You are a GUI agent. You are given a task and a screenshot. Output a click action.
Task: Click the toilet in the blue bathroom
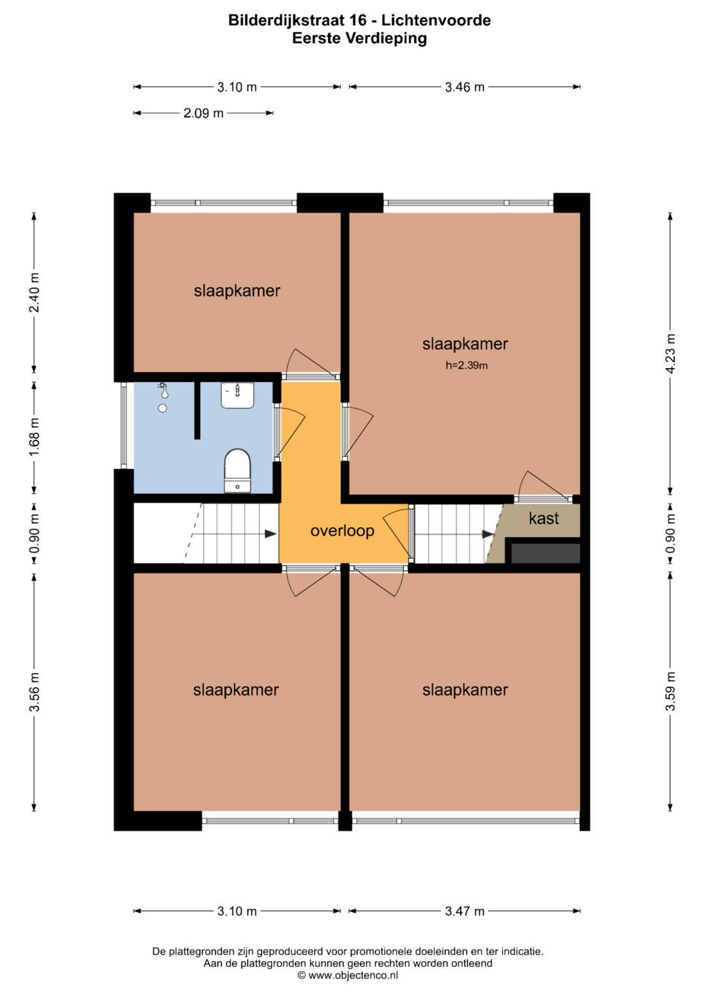[237, 470]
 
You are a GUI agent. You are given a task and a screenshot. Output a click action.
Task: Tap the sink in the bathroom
[238, 396]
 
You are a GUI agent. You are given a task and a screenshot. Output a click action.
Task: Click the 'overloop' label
[342, 531]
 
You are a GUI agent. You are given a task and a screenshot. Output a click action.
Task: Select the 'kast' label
[544, 519]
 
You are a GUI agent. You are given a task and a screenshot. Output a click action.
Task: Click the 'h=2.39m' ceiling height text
[466, 366]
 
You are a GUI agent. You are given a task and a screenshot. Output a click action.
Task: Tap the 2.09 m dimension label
[203, 113]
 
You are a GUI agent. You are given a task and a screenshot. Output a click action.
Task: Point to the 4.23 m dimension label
[671, 354]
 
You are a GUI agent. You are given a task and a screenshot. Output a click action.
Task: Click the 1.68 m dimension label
[34, 437]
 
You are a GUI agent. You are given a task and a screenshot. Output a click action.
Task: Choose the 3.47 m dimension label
[464, 912]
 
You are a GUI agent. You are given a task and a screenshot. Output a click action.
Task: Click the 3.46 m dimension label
[464, 87]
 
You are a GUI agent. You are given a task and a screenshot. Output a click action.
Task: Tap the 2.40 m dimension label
[34, 293]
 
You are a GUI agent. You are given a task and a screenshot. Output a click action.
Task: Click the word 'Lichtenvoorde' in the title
[436, 20]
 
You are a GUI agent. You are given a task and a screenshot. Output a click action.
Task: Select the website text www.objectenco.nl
[353, 975]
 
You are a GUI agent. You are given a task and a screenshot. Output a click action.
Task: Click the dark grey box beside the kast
[546, 553]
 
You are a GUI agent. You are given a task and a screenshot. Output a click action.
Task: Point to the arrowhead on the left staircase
[271, 534]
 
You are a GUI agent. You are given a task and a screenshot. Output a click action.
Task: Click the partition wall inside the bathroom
[198, 411]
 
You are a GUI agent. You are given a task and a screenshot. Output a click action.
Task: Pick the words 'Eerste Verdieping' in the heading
[359, 38]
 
